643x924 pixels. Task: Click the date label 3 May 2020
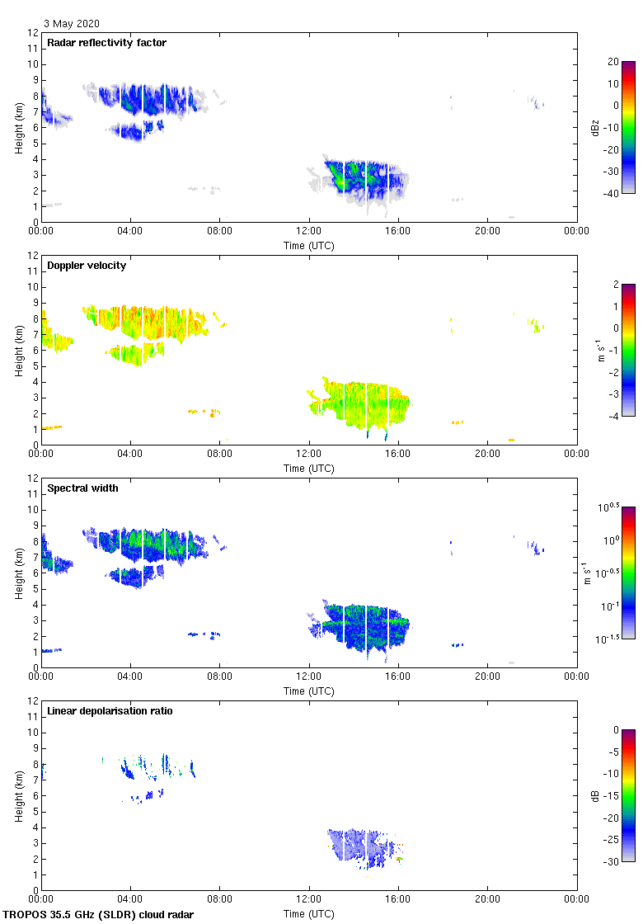point(73,24)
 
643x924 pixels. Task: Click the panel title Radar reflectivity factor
point(106,43)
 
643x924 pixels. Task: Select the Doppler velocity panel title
point(84,266)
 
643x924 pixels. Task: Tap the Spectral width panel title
point(82,488)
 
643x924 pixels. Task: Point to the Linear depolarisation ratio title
point(110,710)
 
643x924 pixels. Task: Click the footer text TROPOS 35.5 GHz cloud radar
point(99,914)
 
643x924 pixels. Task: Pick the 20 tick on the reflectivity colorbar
point(613,62)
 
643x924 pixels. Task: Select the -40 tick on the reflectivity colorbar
point(613,193)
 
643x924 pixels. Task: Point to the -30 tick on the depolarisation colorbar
point(613,861)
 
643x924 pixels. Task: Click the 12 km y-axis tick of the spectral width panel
point(33,478)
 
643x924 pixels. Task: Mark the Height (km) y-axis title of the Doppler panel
point(18,350)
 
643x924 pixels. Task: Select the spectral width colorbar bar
point(628,573)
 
